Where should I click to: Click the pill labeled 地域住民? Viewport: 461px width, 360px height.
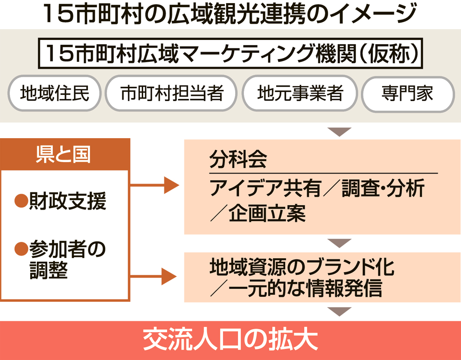click(x=55, y=93)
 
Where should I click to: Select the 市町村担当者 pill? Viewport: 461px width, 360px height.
click(x=171, y=93)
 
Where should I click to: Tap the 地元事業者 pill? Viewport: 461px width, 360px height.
click(x=300, y=93)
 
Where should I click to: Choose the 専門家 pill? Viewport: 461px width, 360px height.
click(x=408, y=94)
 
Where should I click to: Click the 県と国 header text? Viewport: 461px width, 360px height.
click(x=63, y=154)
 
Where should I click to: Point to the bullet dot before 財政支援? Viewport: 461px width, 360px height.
click(x=21, y=201)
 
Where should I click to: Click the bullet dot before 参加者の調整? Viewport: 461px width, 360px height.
click(x=21, y=249)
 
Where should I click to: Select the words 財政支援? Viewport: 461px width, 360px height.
click(x=68, y=201)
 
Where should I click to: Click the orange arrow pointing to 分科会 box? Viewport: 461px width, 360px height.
click(x=154, y=185)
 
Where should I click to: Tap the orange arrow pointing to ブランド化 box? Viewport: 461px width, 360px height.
click(x=153, y=276)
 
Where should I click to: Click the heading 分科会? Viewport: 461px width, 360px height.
click(x=238, y=159)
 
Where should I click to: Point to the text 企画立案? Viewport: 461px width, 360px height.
click(x=267, y=214)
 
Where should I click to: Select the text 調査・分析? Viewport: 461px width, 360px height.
click(x=383, y=188)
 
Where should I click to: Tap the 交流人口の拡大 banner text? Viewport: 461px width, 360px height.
click(x=230, y=340)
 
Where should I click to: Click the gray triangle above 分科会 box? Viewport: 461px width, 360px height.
click(x=340, y=132)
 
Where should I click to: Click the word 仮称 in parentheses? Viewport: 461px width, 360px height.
click(x=388, y=54)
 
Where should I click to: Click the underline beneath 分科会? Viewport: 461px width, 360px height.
click(x=323, y=173)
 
